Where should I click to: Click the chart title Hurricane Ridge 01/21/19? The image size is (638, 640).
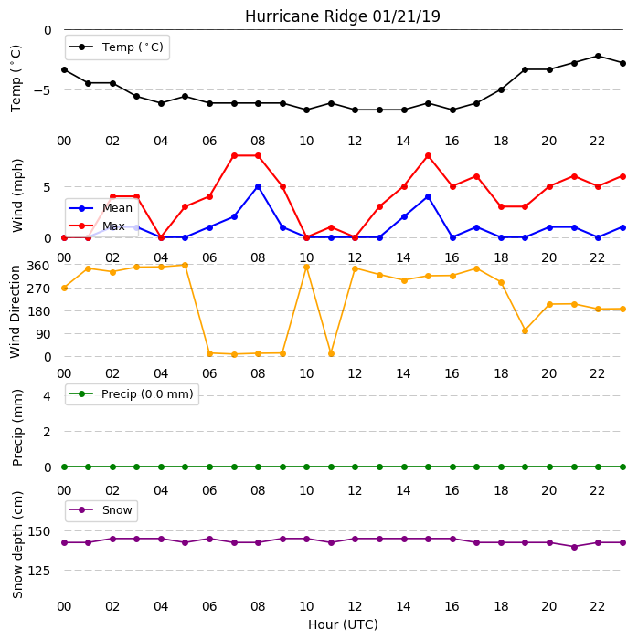(343, 16)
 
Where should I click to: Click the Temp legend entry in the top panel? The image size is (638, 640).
(116, 47)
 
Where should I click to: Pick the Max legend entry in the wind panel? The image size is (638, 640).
(97, 226)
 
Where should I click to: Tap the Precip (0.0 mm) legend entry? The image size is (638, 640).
(132, 393)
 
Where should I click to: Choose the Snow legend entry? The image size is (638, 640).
(101, 510)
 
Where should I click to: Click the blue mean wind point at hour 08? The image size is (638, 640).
(258, 187)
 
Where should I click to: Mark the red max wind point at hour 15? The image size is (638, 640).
(428, 156)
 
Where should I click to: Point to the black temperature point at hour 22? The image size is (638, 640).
(598, 56)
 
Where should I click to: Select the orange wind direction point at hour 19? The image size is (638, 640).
(526, 331)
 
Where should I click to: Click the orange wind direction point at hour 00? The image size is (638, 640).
(64, 289)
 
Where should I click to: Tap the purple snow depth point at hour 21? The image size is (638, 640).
(574, 547)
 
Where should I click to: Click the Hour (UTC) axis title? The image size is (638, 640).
(343, 624)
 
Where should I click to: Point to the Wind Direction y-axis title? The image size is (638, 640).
(16, 312)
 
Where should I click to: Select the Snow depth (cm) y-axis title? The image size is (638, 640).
(17, 544)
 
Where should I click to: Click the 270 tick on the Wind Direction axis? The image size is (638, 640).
(38, 289)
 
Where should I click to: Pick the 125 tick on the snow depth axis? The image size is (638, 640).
(38, 571)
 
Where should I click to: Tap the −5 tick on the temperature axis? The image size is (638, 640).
(42, 90)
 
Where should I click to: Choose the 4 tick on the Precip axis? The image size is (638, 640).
(48, 396)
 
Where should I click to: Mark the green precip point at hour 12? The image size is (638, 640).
(355, 467)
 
